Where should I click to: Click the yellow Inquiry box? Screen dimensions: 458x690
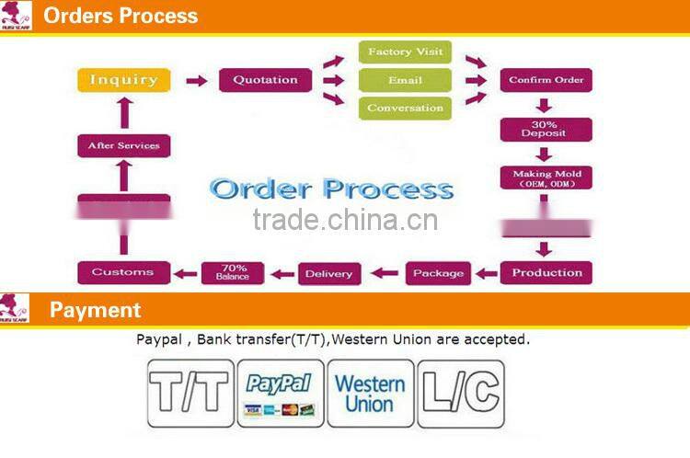[124, 80]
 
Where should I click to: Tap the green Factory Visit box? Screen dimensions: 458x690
[405, 52]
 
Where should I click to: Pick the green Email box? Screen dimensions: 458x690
[405, 80]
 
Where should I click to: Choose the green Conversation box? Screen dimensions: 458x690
[405, 109]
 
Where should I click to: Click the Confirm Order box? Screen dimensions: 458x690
[546, 80]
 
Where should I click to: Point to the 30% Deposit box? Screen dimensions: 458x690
[546, 130]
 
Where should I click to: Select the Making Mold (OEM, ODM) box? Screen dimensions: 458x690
[546, 177]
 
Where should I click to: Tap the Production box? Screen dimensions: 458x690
[546, 272]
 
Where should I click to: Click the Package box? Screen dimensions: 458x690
[438, 273]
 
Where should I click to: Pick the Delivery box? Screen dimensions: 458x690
[328, 273]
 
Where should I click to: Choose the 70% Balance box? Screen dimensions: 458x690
[233, 272]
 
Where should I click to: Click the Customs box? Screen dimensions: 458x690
[124, 272]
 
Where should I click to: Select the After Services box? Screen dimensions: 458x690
[124, 145]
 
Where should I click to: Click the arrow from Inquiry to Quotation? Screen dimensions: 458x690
[197, 81]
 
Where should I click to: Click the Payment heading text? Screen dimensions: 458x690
[96, 310]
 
